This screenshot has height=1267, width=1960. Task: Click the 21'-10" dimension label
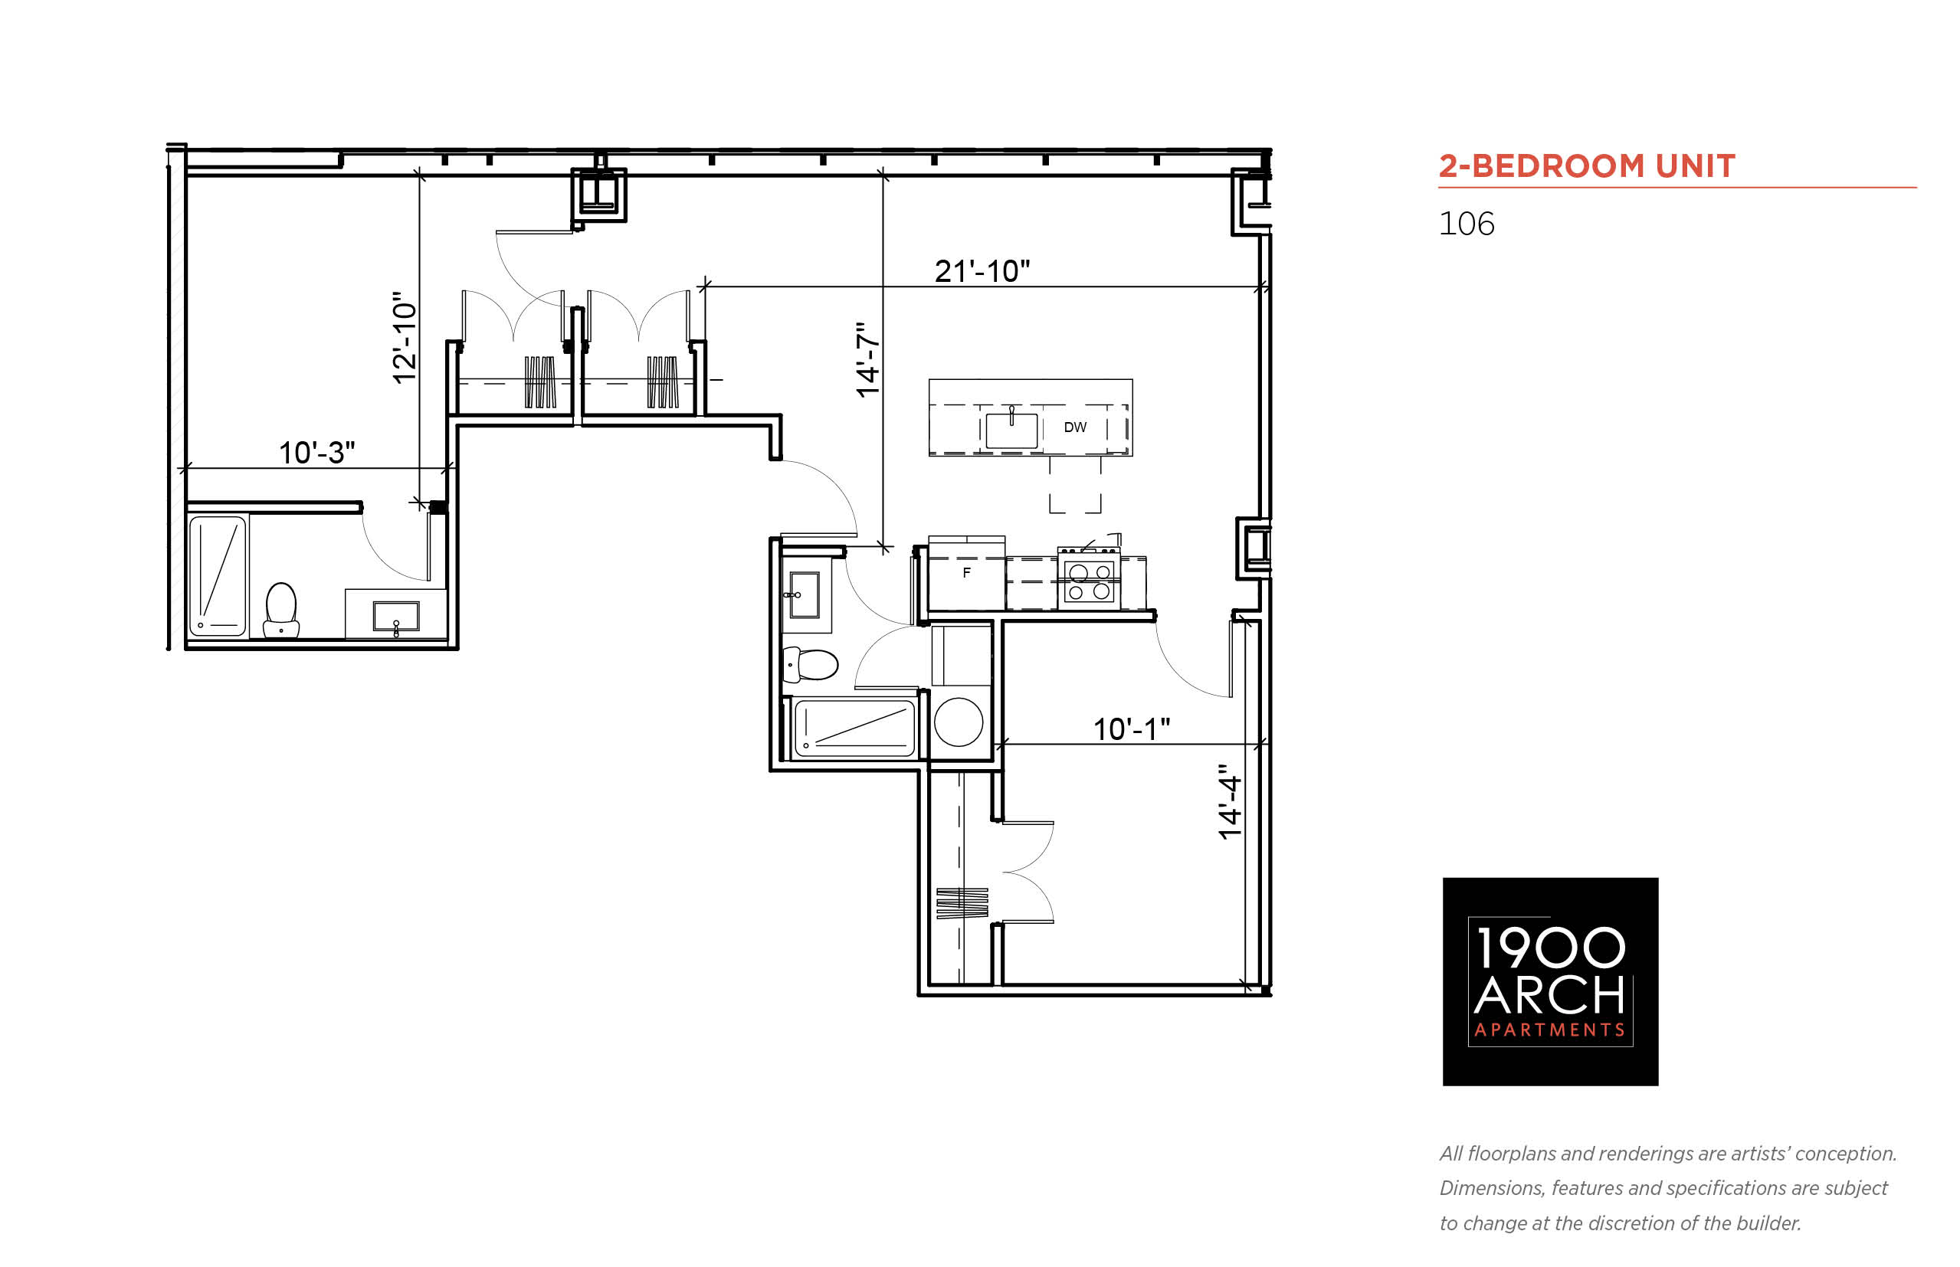982,270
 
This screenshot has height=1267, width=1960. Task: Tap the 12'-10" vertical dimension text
404,337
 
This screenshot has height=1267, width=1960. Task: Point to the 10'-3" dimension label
316,453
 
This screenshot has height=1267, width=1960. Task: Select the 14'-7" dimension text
867,359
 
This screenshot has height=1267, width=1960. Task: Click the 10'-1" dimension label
1132,729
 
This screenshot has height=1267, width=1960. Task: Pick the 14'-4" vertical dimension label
1229,802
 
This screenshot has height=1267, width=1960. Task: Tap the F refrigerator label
967,573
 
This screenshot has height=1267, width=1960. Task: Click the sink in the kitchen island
1011,429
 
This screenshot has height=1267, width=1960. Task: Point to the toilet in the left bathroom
280,610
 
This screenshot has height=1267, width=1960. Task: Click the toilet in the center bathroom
810,665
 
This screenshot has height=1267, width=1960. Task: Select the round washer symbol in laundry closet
959,722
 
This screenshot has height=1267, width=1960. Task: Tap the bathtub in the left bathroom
218,575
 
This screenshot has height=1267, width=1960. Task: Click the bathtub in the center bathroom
854,727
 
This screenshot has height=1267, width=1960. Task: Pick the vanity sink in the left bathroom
396,616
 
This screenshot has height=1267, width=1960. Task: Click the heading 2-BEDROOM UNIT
1586,166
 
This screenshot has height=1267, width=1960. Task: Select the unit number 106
1467,224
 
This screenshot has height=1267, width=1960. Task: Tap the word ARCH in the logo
1549,997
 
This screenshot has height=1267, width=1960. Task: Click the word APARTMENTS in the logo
1549,1030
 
